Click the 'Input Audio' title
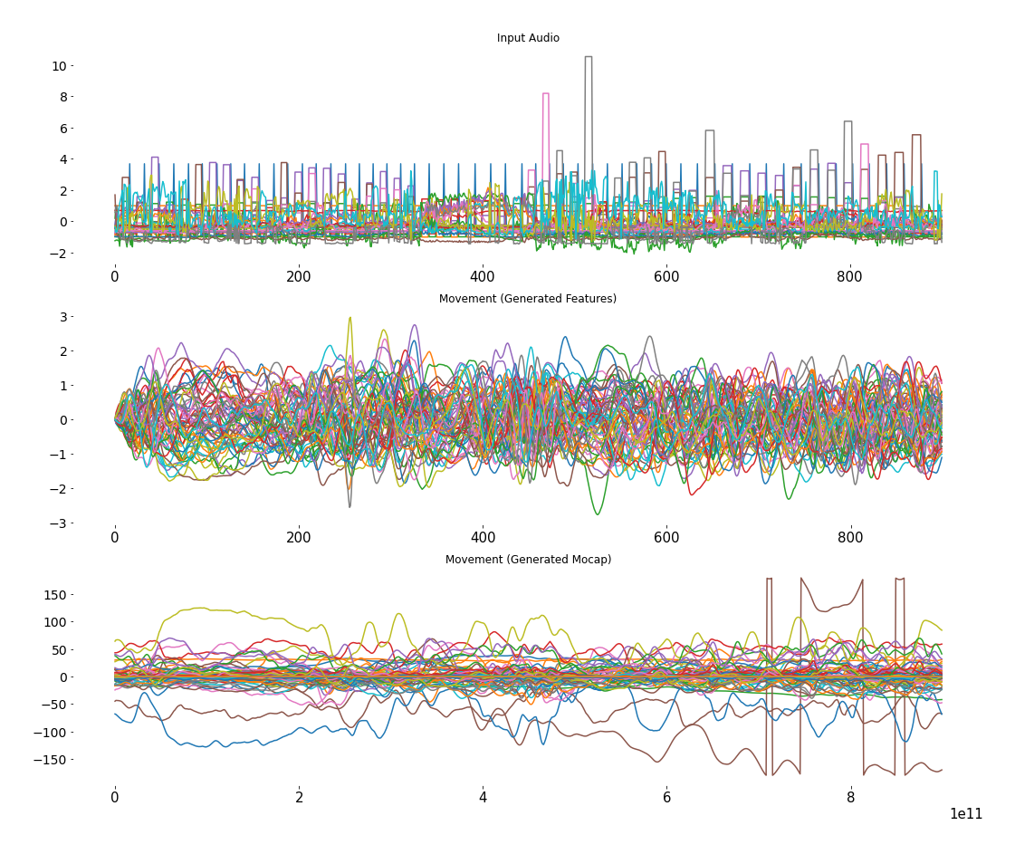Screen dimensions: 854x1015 528,38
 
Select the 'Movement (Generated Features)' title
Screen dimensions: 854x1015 528,299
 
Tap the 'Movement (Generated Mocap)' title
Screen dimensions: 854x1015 528,560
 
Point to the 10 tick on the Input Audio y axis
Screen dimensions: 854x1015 59,66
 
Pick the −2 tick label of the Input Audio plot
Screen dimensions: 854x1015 56,254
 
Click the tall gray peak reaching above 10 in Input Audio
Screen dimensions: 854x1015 589,58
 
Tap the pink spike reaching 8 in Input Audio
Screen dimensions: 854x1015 545,94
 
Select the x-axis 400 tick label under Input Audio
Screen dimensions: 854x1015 483,276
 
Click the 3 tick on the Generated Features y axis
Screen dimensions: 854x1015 62,316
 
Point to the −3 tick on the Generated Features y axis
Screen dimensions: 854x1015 59,523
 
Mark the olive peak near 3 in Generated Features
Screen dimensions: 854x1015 350,319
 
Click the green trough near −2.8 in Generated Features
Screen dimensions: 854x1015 597,513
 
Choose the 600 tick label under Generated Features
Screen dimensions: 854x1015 666,537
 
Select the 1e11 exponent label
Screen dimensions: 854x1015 966,814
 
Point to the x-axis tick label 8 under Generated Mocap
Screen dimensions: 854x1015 851,798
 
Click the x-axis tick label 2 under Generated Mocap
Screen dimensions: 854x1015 299,798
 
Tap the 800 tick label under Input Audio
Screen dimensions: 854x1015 851,276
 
